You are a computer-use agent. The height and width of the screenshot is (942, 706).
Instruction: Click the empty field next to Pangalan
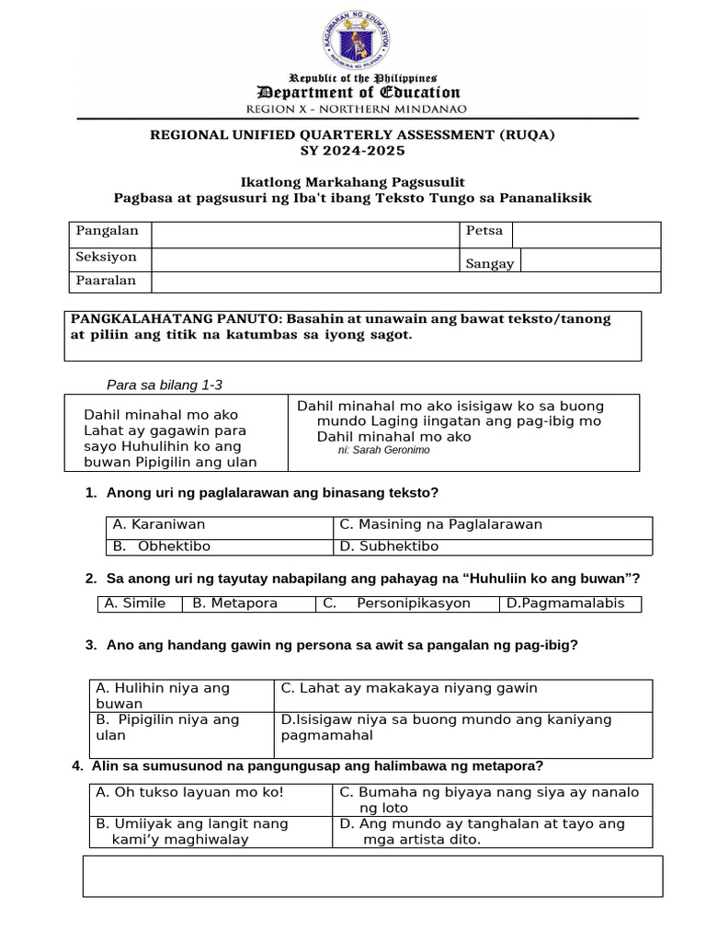[x=305, y=235]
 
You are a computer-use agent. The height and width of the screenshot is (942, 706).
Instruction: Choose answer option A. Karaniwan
[x=159, y=525]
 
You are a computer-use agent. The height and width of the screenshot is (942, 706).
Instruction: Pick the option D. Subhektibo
[x=376, y=546]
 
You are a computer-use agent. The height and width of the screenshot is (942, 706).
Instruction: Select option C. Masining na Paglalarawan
[x=440, y=525]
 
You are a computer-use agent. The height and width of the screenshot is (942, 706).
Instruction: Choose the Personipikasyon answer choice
[x=414, y=603]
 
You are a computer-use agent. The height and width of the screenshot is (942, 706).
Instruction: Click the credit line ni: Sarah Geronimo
[x=383, y=451]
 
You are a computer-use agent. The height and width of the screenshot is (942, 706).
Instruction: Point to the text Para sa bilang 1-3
[x=165, y=385]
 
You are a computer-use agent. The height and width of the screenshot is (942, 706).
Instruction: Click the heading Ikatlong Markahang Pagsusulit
[x=353, y=182]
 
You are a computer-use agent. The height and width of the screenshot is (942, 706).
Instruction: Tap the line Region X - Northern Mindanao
[x=357, y=109]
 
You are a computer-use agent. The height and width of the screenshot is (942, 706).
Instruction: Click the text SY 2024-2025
[x=353, y=151]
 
